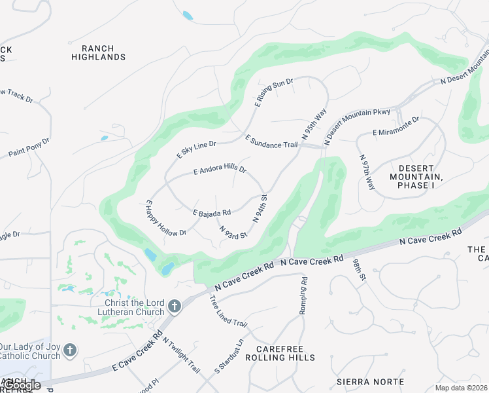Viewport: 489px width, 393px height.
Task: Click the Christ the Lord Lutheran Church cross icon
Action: (174, 306)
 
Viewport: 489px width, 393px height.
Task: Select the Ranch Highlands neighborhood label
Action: (99, 53)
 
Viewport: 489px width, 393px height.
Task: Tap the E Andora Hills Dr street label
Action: (220, 170)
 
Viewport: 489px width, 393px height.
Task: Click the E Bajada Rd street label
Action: (212, 212)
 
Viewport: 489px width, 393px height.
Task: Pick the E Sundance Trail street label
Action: (271, 141)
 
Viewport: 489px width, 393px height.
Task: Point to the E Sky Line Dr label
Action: (196, 149)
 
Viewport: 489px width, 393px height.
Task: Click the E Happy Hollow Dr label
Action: (166, 219)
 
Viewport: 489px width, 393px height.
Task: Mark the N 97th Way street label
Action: (367, 172)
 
